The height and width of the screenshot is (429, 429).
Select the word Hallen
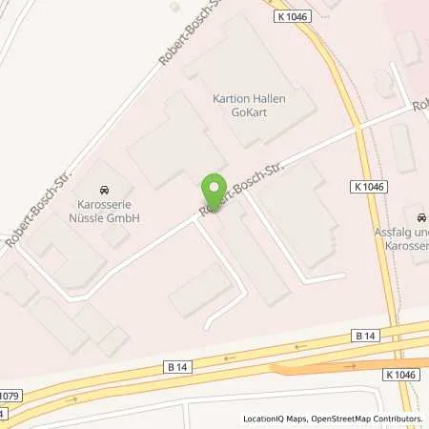(x=268, y=98)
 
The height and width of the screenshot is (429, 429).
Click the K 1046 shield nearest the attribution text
(x=399, y=376)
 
